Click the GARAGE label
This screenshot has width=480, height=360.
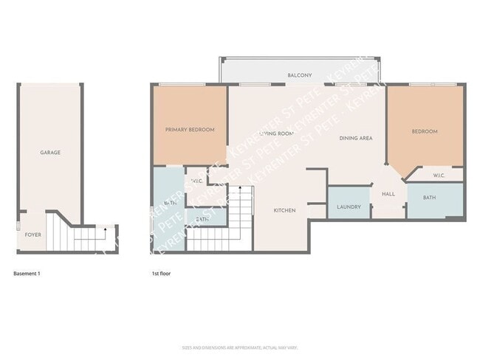click(50, 153)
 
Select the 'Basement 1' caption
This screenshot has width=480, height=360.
click(27, 274)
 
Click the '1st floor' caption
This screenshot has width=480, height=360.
click(160, 274)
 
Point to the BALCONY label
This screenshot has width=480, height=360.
click(299, 75)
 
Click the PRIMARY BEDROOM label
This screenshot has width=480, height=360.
click(190, 130)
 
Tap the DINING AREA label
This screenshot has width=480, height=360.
click(355, 138)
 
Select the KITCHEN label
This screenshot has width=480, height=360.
click(284, 211)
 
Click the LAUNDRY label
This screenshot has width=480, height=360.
click(349, 207)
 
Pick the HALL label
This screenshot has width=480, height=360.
click(388, 194)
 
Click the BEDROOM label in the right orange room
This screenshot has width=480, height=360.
click(425, 131)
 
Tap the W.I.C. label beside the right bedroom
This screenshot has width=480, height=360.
click(438, 176)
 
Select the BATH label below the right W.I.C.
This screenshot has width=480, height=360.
click(430, 198)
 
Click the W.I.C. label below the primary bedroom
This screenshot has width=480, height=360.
click(197, 181)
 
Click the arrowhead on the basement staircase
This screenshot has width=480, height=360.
click(106, 230)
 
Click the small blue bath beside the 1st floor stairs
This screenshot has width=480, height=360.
click(202, 219)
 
